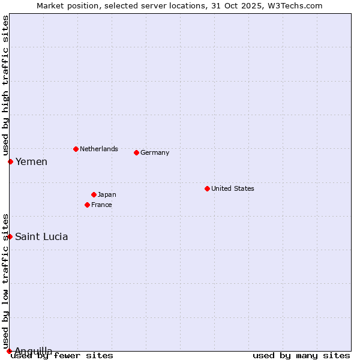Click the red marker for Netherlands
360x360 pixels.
[76, 149]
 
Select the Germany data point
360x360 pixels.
[136, 152]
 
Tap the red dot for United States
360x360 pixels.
[207, 188]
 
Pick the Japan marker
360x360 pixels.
[94, 194]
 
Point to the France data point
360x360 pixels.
[87, 205]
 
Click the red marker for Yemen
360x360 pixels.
[10, 161]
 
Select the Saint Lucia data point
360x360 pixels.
[10, 236]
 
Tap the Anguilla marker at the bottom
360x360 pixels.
[9, 351]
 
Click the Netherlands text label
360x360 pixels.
[98, 149]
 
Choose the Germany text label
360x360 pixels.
[155, 152]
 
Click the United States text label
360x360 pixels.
[232, 188]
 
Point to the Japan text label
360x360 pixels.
[107, 194]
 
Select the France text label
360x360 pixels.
[101, 205]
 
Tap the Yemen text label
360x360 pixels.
[31, 161]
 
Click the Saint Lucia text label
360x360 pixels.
[41, 236]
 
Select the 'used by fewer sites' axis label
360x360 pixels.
[62, 355]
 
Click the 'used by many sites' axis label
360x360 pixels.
[301, 355]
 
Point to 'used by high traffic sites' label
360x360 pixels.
[5, 86]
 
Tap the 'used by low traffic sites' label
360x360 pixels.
[5, 281]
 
